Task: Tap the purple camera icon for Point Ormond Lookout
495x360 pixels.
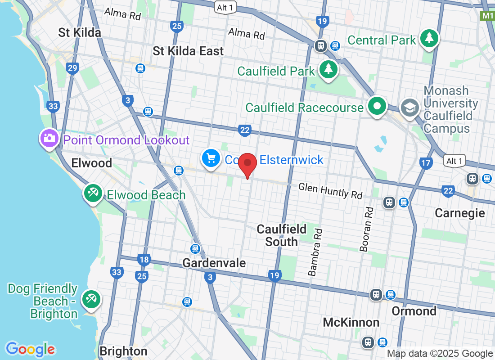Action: click(49, 138)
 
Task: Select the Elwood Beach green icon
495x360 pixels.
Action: click(93, 193)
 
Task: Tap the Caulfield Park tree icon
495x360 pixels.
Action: click(329, 69)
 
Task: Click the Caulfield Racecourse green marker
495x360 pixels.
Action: click(377, 106)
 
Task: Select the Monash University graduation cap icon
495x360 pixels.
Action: click(410, 108)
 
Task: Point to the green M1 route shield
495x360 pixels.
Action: click(487, 16)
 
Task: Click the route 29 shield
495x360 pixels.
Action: click(72, 68)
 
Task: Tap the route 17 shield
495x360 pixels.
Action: click(426, 163)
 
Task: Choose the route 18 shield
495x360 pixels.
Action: click(144, 260)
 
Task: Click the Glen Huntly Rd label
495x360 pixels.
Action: click(330, 191)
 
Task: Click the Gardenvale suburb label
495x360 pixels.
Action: click(214, 263)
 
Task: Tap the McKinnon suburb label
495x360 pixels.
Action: click(351, 322)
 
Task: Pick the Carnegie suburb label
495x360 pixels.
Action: click(459, 213)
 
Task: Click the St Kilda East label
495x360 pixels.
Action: click(188, 51)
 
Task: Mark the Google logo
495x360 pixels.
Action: click(30, 349)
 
